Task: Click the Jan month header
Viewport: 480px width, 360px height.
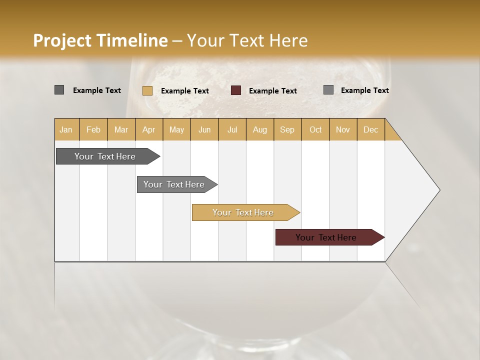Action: pos(66,129)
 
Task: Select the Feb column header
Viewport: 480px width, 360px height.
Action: pos(93,129)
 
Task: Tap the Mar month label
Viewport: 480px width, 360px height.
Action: pos(121,129)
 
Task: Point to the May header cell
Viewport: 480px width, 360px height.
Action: pos(176,129)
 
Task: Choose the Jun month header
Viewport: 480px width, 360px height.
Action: pos(204,129)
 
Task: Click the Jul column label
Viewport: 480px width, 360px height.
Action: pos(232,129)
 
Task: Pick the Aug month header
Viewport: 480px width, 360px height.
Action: pos(259,129)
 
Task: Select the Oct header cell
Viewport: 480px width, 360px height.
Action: pos(315,129)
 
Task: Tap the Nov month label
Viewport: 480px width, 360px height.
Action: pos(342,129)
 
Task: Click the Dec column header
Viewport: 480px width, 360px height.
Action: pos(370,129)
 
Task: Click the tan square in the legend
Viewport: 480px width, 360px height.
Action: pos(147,90)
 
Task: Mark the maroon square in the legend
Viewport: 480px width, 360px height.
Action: pos(236,90)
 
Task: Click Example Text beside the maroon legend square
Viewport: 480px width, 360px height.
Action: pos(272,91)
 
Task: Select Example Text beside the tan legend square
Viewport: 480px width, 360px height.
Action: pos(184,91)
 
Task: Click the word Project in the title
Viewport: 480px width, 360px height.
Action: pos(62,40)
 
